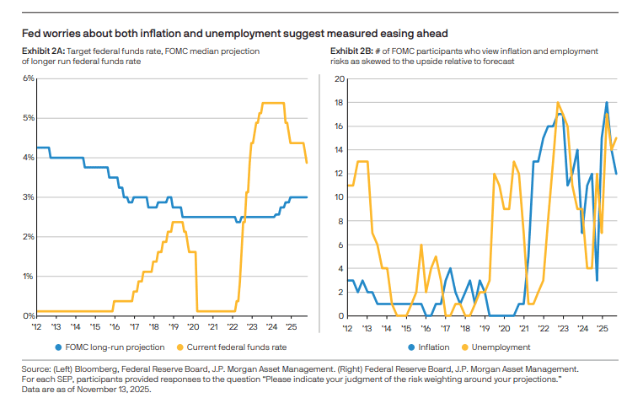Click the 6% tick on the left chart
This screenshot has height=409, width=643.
click(x=28, y=78)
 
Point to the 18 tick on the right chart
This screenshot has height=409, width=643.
click(x=340, y=103)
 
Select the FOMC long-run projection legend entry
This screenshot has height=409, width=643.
click(x=110, y=347)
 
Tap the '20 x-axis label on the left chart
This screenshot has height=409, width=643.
click(x=192, y=326)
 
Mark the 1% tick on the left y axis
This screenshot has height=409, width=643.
click(x=28, y=277)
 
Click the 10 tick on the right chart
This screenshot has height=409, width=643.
click(x=340, y=197)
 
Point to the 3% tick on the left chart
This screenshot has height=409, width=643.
click(x=28, y=197)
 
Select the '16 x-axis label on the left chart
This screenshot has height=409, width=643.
click(x=115, y=326)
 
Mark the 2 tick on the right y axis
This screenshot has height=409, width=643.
click(x=341, y=293)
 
